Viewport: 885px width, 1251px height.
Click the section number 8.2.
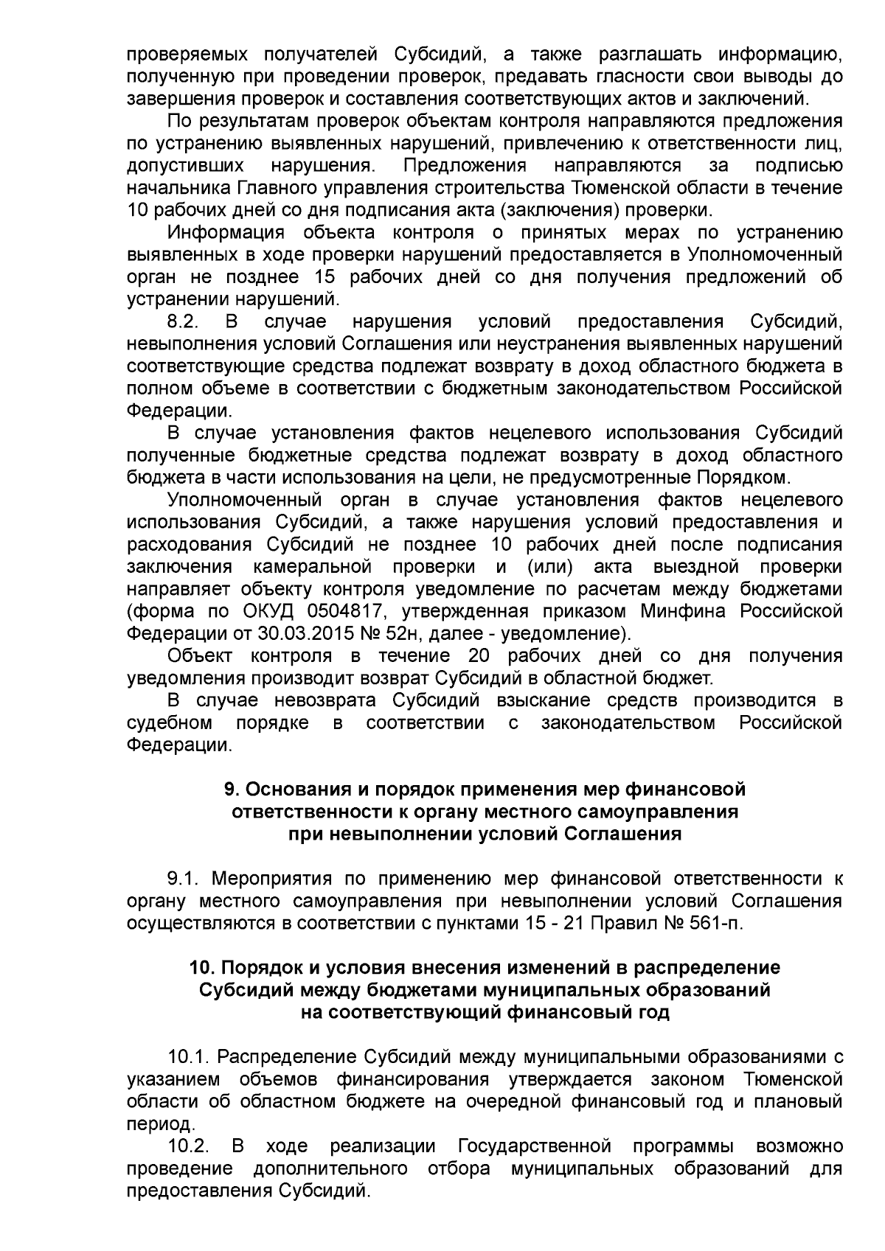pyautogui.click(x=184, y=322)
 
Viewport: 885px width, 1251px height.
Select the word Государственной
pyautogui.click(x=535, y=1147)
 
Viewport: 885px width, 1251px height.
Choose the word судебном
pyautogui.click(x=170, y=722)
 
